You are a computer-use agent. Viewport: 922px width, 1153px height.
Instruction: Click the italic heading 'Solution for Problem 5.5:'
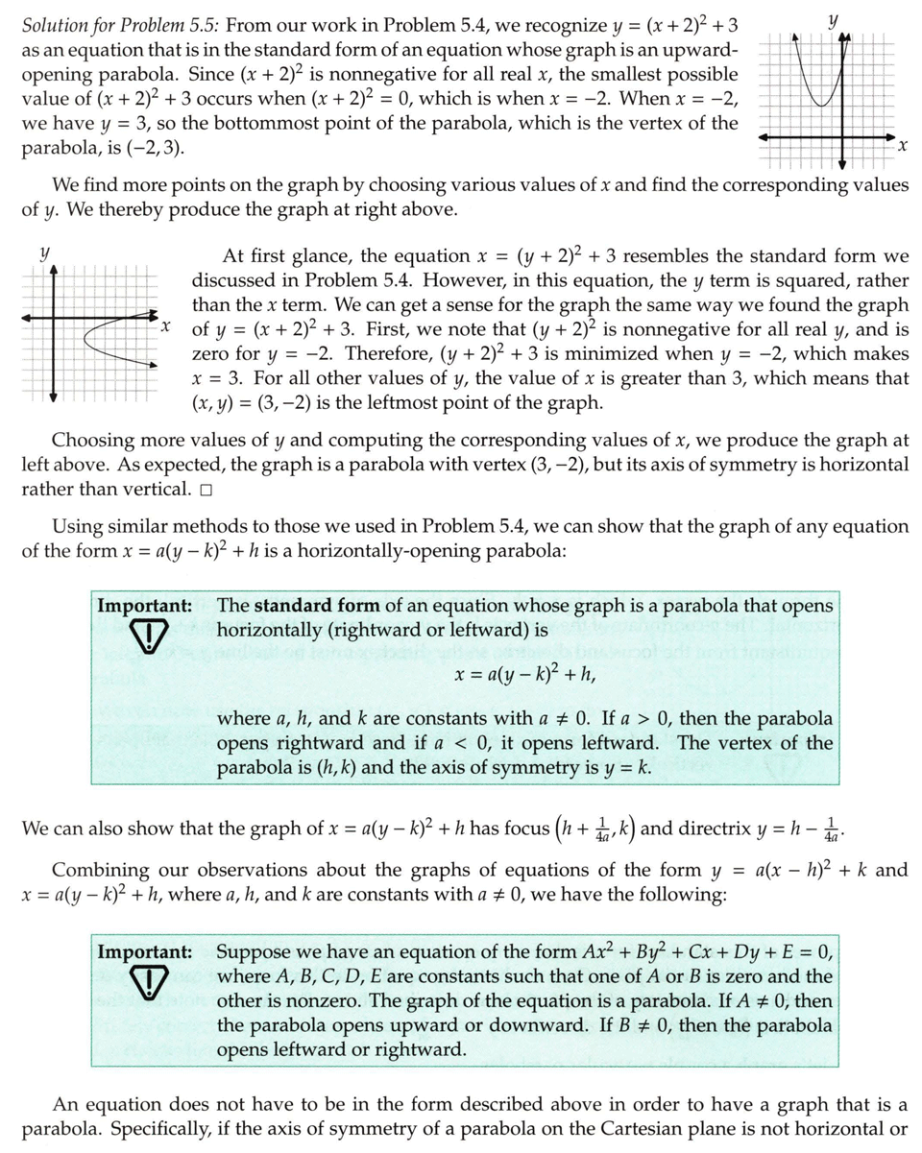(121, 25)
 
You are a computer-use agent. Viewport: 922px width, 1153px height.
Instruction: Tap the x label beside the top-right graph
(902, 146)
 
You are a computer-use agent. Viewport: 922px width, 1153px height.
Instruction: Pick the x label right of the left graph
(165, 325)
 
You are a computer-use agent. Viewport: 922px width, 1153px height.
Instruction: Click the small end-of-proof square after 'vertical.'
(206, 491)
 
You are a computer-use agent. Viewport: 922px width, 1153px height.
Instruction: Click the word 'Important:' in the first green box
(144, 606)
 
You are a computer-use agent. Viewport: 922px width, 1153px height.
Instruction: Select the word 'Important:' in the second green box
(144, 952)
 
